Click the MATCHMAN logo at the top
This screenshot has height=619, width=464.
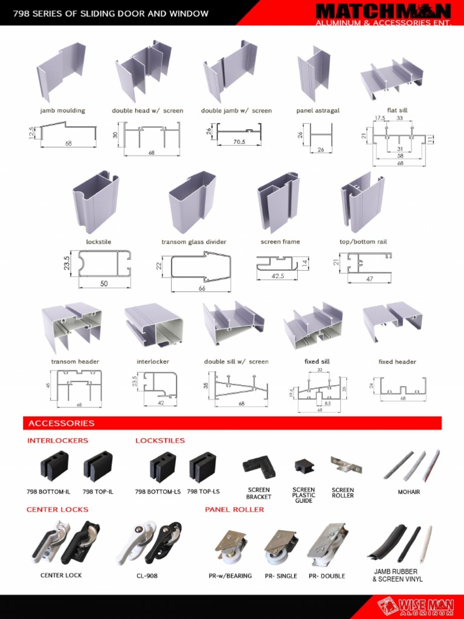coord(383,11)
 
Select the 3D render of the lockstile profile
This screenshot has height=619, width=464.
coord(95,201)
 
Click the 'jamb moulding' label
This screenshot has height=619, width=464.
coord(62,111)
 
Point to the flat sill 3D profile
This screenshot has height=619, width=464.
coord(391,79)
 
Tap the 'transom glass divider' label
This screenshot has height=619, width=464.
coord(193,242)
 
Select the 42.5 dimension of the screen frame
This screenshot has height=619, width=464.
coord(277,275)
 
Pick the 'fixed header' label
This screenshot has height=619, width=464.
coord(397,361)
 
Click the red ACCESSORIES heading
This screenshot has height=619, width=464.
coord(61,423)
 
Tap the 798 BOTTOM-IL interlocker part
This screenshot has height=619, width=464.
coord(54,466)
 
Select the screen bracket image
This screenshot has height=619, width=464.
coord(259,467)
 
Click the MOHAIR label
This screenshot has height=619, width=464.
coord(408,492)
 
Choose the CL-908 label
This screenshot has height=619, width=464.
coord(147,576)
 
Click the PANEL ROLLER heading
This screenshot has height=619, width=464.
coord(234,510)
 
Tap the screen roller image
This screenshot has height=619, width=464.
coord(346,465)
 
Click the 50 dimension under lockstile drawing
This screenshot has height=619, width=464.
coord(103,284)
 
